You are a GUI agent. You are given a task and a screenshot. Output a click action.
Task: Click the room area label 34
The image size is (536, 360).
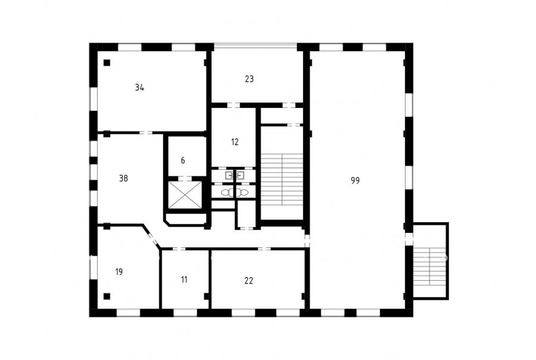pyautogui.click(x=139, y=88)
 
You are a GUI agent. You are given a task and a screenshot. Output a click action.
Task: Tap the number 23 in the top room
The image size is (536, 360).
pyautogui.click(x=249, y=79)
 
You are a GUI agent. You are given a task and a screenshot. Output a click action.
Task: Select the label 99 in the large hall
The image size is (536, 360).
pyautogui.click(x=355, y=181)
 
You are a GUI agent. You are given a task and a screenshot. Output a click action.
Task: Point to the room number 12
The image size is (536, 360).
pyautogui.click(x=235, y=142)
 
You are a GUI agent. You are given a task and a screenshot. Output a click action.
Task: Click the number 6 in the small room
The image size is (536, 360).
pyautogui.click(x=183, y=160)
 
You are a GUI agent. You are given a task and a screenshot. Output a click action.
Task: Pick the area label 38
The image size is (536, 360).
pyautogui.click(x=123, y=178)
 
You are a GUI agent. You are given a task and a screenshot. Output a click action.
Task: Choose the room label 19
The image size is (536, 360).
pyautogui.click(x=119, y=272)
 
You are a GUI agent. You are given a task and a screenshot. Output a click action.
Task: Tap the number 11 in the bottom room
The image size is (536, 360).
pyautogui.click(x=184, y=280)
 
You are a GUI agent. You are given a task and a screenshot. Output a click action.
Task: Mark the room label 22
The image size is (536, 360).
pyautogui.click(x=249, y=281)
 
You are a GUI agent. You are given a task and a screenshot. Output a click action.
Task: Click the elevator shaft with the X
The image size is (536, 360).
pyautogui.click(x=185, y=194)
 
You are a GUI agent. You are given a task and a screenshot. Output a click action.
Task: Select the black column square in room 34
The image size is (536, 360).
pyautogui.click(x=107, y=63)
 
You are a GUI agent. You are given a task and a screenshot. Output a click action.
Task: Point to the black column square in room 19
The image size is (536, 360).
pyautogui.click(x=107, y=296)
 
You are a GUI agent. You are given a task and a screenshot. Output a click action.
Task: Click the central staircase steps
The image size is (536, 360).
pyautogui.click(x=282, y=180)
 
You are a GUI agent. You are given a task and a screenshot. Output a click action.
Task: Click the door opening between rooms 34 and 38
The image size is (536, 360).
pyautogui.click(x=146, y=132)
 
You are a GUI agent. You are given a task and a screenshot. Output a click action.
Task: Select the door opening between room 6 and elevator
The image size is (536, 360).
pyautogui.click(x=185, y=178)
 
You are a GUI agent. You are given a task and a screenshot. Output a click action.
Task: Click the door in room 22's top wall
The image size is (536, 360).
pyautogui.click(x=264, y=249)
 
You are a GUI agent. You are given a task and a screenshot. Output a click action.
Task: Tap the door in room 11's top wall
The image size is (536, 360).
pyautogui.click(x=179, y=249)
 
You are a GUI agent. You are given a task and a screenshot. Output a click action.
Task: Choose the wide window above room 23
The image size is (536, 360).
pyautogui.click(x=255, y=46)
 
